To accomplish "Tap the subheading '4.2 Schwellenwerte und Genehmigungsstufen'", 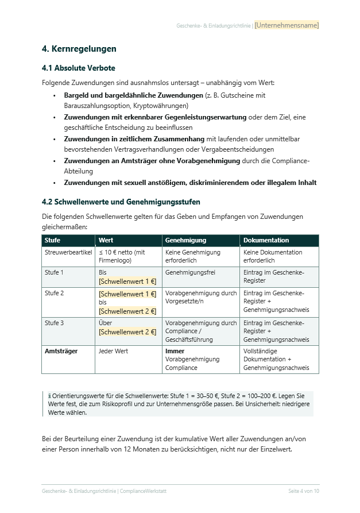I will click(x=121, y=202).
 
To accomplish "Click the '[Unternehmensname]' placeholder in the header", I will click(x=287, y=25).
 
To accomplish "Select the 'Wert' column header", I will click(x=106, y=240).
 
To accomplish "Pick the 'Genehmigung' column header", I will click(x=185, y=240).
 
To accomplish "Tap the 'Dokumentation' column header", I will click(x=266, y=240).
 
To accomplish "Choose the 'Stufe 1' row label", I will click(x=54, y=272).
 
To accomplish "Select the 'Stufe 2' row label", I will click(x=54, y=293).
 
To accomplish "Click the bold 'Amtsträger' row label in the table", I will click(x=61, y=350).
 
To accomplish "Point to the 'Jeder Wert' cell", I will click(x=113, y=350).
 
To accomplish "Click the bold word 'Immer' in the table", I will click(x=175, y=350).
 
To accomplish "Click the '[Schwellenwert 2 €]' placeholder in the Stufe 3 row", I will click(x=127, y=331).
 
